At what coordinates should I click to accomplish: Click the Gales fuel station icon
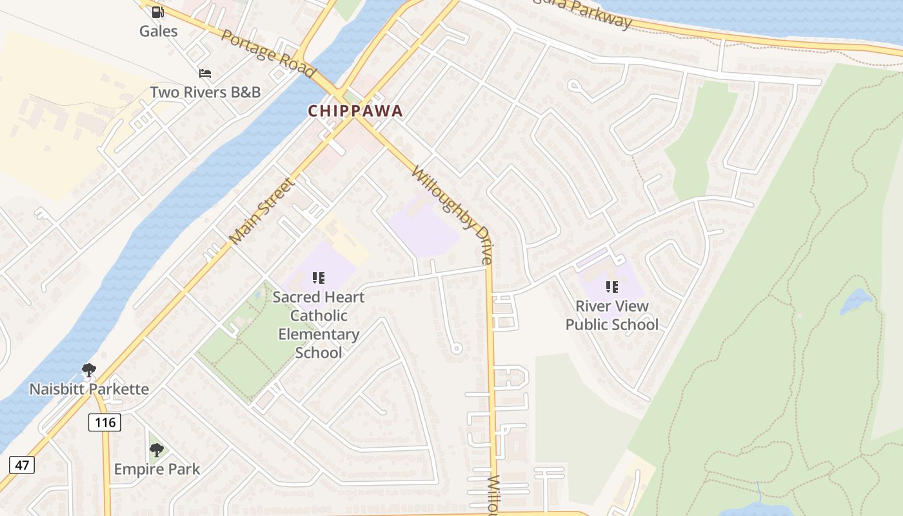click(158, 12)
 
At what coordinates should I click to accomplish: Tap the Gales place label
click(158, 30)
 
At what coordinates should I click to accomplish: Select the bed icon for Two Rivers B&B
click(205, 74)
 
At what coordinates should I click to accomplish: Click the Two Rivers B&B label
click(205, 92)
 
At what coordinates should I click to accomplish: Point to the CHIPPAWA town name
click(355, 111)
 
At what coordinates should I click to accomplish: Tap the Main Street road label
click(261, 211)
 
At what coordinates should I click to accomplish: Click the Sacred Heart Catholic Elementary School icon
click(318, 278)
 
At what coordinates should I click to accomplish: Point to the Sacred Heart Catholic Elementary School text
click(318, 324)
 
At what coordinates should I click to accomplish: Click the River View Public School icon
click(611, 286)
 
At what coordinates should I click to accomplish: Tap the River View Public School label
click(611, 315)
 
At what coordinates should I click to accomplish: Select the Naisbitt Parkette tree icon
click(89, 370)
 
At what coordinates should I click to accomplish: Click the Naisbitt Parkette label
click(89, 389)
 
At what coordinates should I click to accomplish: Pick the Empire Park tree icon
click(156, 450)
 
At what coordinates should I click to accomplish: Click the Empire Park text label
click(157, 469)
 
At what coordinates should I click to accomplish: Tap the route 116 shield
click(104, 422)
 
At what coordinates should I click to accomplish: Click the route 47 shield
click(22, 464)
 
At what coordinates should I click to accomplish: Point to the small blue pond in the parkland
click(855, 301)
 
